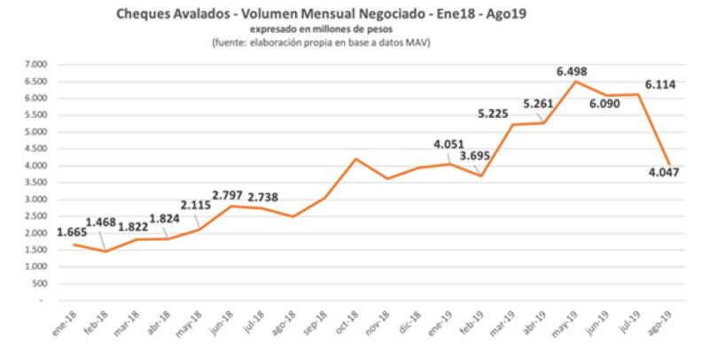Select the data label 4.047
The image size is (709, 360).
click(664, 188)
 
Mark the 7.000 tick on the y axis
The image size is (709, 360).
click(35, 65)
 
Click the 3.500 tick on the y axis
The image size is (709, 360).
click(35, 183)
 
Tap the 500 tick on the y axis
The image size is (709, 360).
click(41, 284)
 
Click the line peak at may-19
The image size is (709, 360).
click(576, 82)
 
